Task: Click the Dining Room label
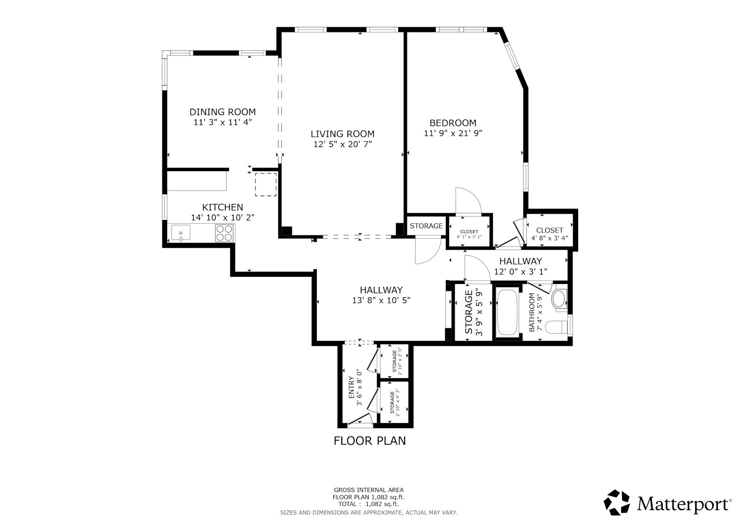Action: click(x=222, y=112)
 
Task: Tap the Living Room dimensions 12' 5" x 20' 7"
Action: click(x=342, y=144)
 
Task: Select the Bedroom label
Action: click(x=453, y=123)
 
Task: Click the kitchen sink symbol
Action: click(x=180, y=232)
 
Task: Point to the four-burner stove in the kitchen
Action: click(x=225, y=232)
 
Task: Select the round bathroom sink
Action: click(x=560, y=298)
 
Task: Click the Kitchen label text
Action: click(x=222, y=207)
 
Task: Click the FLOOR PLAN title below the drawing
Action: click(x=370, y=441)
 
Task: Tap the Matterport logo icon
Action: click(x=617, y=502)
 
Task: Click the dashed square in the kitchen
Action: click(x=265, y=185)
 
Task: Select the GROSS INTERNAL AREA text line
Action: click(x=369, y=490)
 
